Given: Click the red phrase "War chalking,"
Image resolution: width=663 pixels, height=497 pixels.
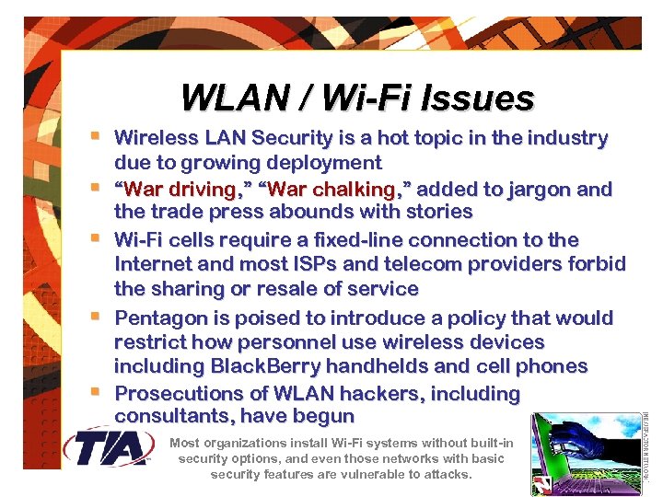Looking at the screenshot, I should click(x=336, y=190).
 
